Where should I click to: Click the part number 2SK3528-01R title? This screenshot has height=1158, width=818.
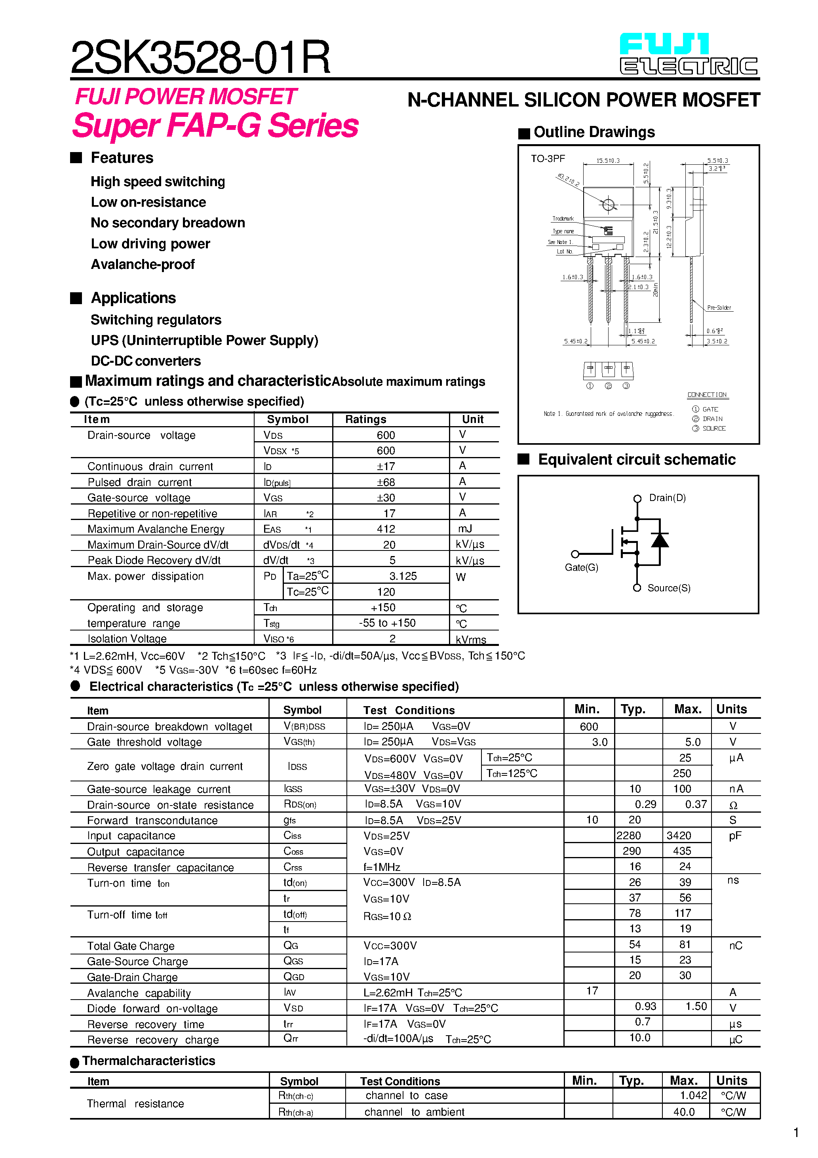tap(200, 57)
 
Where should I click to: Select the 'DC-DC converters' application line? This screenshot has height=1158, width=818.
tap(146, 361)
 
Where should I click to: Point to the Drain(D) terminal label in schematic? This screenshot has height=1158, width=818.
tap(667, 498)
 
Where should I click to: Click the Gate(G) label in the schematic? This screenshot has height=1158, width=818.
tap(581, 568)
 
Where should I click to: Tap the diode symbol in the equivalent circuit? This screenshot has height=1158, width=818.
tap(660, 541)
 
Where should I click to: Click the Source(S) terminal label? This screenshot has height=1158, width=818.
tap(669, 588)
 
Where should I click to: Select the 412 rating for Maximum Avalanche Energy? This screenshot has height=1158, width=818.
tap(386, 529)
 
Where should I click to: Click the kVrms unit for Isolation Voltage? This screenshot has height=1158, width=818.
tap(470, 640)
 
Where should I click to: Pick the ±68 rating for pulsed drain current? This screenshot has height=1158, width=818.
tap(386, 482)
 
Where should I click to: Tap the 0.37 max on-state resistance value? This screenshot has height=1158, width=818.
tap(695, 804)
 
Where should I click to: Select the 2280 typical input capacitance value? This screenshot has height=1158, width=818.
tap(628, 836)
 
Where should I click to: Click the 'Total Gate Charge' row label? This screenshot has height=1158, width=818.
tap(131, 946)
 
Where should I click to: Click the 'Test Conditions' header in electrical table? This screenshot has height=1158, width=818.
tap(409, 710)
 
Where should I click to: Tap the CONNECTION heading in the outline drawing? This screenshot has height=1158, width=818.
tap(707, 395)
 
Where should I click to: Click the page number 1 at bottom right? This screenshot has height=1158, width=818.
tap(796, 1133)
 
